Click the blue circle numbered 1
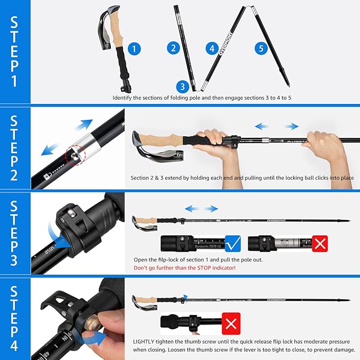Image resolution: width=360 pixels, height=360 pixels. click(135, 49)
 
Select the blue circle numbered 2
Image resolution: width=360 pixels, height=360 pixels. click(173, 48)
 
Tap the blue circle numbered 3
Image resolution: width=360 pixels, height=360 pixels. click(182, 86)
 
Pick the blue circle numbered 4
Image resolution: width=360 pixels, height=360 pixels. click(213, 49)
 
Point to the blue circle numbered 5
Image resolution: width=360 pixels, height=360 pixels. click(260, 49)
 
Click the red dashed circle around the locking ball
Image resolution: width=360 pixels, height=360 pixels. click(74, 157)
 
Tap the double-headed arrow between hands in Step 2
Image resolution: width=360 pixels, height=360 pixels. click(277, 126)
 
